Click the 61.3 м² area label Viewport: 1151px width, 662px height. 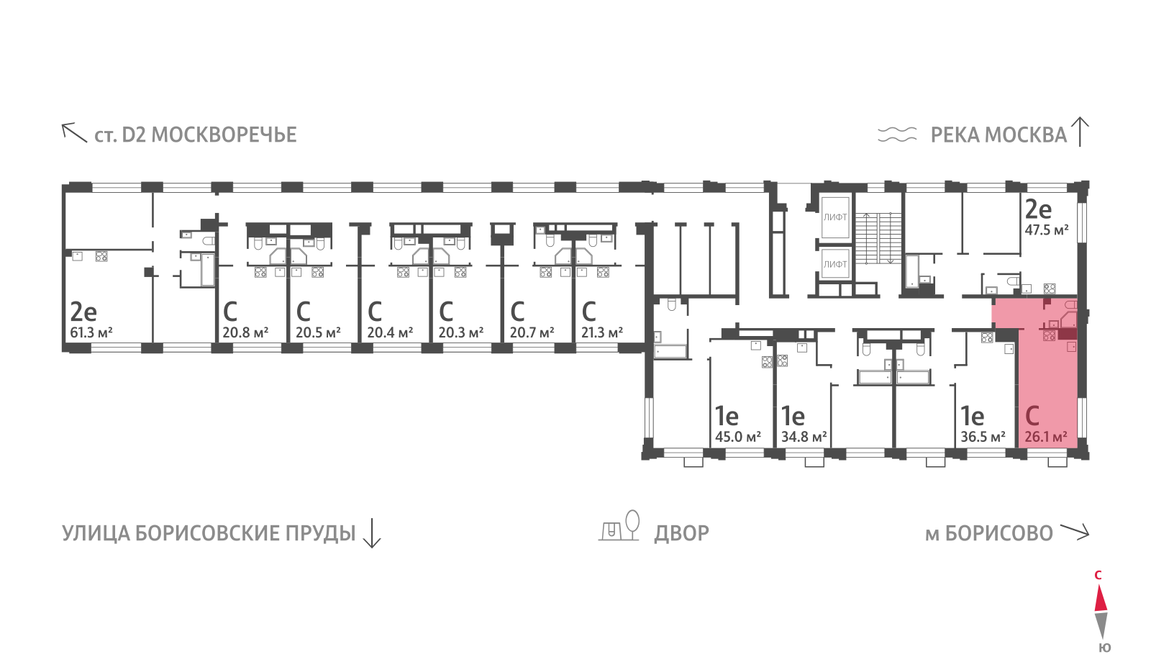(x=91, y=332)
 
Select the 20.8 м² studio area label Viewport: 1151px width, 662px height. (x=245, y=332)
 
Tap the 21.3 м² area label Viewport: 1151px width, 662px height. (x=601, y=332)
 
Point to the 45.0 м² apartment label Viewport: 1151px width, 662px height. (x=738, y=437)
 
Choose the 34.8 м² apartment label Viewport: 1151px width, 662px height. (x=804, y=437)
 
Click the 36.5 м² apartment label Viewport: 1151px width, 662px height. (x=983, y=437)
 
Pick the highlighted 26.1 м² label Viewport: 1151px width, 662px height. (x=1046, y=437)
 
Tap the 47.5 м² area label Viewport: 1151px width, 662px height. (x=1047, y=230)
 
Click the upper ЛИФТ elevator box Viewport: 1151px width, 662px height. (x=835, y=217)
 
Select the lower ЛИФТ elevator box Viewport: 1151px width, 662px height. (x=835, y=263)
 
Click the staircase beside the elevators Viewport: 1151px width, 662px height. (x=878, y=238)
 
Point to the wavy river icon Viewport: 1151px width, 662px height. (x=897, y=134)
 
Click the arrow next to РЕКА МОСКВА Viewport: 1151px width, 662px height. (x=1080, y=132)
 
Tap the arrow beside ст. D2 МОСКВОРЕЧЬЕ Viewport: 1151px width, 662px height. (x=75, y=132)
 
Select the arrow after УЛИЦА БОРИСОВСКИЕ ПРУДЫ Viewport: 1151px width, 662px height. (x=371, y=533)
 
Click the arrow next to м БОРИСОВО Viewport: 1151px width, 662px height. (x=1075, y=532)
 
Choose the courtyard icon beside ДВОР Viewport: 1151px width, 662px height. (x=619, y=526)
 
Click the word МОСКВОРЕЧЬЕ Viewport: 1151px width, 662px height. (x=224, y=135)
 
